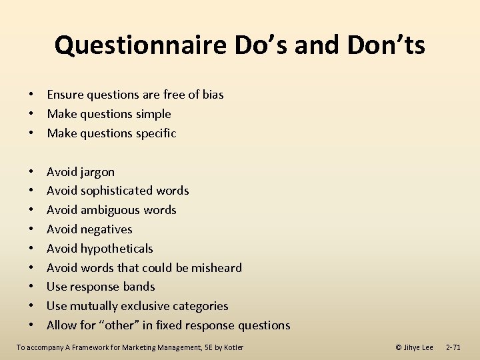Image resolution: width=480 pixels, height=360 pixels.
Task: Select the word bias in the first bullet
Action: pyautogui.click(x=212, y=95)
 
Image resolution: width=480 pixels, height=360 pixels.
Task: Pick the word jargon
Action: pyautogui.click(x=97, y=172)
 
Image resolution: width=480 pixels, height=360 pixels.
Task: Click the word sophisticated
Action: pyautogui.click(x=116, y=191)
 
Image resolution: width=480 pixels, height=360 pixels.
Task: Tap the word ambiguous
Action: pyautogui.click(x=111, y=210)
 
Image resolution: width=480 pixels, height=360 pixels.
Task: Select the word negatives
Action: pyautogui.click(x=107, y=229)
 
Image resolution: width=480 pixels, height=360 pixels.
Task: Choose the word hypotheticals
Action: pyautogui.click(x=117, y=249)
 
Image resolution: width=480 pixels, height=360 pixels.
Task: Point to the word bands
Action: pyautogui.click(x=139, y=287)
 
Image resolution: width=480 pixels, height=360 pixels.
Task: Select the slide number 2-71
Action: pyautogui.click(x=453, y=347)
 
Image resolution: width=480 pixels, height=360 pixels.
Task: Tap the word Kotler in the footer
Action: pyautogui.click(x=233, y=347)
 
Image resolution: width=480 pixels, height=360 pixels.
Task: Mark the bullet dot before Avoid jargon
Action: pyautogui.click(x=32, y=172)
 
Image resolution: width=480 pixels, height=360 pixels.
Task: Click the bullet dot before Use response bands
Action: pyautogui.click(x=32, y=287)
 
